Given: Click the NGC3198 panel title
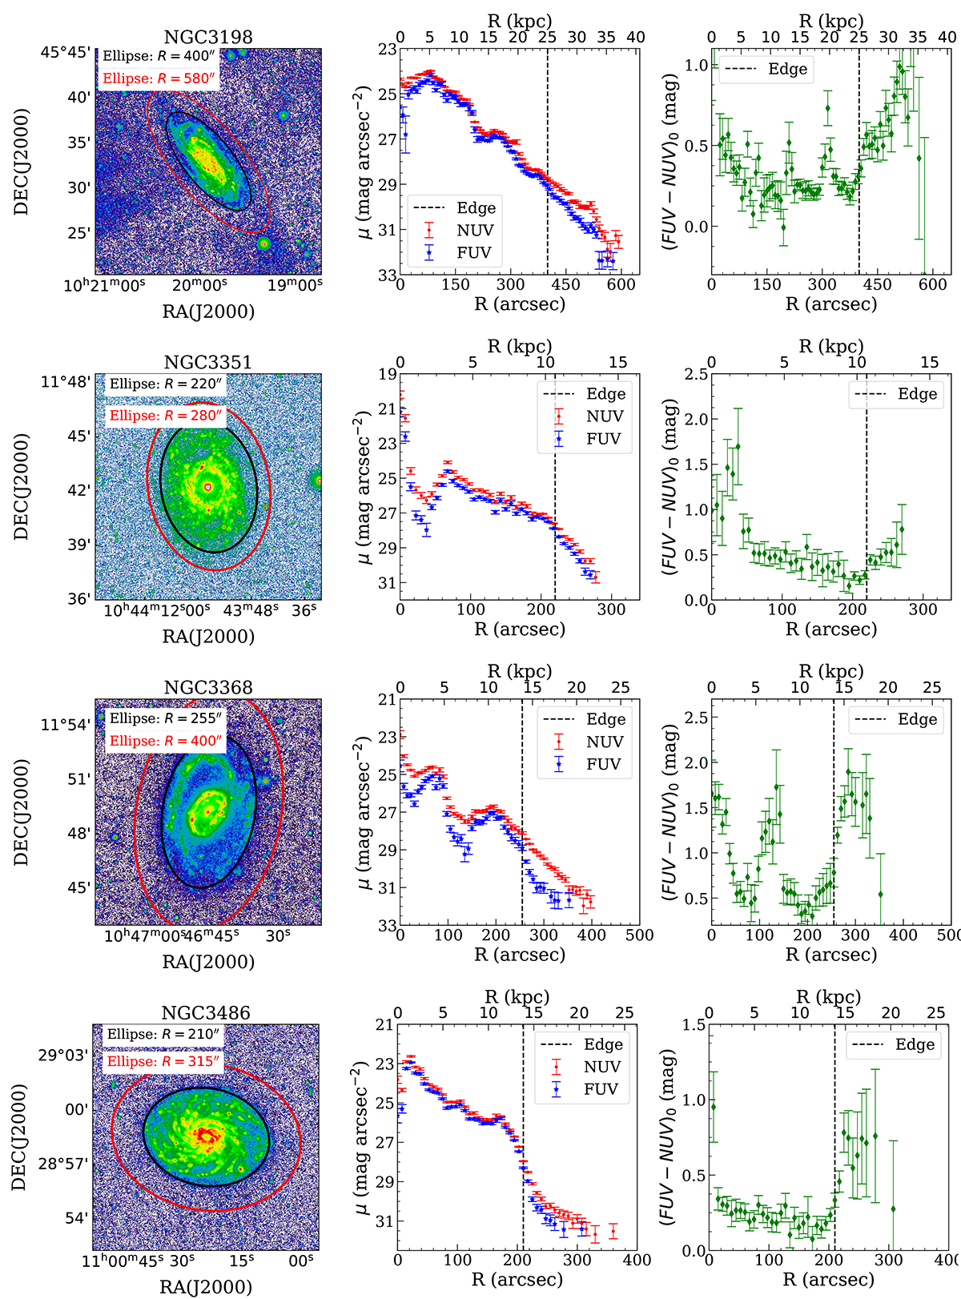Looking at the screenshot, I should [x=208, y=37].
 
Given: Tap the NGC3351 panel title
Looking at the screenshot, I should [x=208, y=362].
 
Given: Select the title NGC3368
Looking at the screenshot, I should [x=208, y=687].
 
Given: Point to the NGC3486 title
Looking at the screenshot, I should [x=206, y=1012].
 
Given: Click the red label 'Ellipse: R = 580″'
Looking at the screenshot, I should [x=159, y=78].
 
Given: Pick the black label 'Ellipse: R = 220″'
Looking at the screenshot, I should [x=166, y=384].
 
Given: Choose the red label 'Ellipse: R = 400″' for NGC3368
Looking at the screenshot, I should [x=166, y=741].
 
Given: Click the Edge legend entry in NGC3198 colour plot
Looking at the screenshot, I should [x=787, y=69].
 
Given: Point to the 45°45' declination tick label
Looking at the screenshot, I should [x=66, y=52].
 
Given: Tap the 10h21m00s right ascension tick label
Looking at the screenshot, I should [x=105, y=284].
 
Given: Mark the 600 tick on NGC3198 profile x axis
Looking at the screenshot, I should [x=621, y=284].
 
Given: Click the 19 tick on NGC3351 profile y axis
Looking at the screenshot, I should [x=388, y=374].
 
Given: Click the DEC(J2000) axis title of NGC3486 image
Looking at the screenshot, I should [x=19, y=1136].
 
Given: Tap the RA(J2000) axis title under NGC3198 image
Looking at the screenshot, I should [x=208, y=312].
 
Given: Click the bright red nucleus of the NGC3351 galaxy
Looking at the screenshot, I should [x=208, y=486].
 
